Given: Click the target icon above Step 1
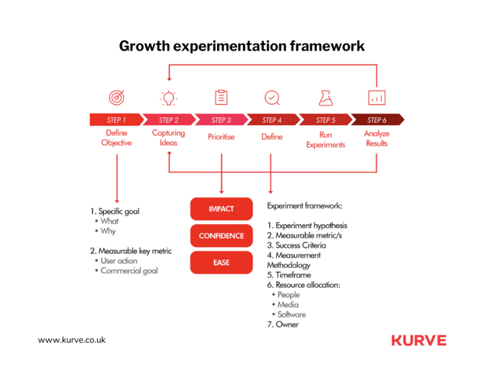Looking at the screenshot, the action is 116,98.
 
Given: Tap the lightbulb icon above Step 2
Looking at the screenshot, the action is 168,99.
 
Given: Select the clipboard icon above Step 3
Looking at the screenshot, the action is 221,98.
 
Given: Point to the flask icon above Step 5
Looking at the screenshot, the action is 326,98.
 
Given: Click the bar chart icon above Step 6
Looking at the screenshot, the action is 377,98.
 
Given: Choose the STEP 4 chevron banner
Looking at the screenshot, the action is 273,120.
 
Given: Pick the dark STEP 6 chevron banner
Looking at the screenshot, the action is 378,120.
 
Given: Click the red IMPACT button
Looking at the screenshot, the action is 221,209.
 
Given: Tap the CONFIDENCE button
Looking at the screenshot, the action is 221,236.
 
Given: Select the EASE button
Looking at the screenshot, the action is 221,262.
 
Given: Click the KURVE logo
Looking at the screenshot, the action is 419,340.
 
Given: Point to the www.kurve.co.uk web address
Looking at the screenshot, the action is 71,340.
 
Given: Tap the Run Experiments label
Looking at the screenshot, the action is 326,140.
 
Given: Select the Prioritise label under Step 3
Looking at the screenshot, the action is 221,137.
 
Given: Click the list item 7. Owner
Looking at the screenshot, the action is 283,324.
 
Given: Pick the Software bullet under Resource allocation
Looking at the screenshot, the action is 289,314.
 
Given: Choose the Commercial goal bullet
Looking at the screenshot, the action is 126,271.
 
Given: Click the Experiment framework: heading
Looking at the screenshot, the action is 305,206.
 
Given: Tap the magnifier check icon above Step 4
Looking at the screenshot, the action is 272,98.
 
